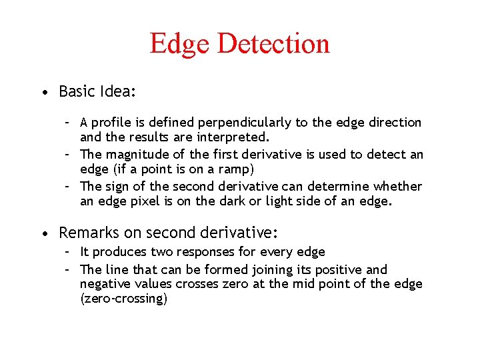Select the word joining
click(x=272, y=270)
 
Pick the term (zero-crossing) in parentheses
click(x=123, y=299)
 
